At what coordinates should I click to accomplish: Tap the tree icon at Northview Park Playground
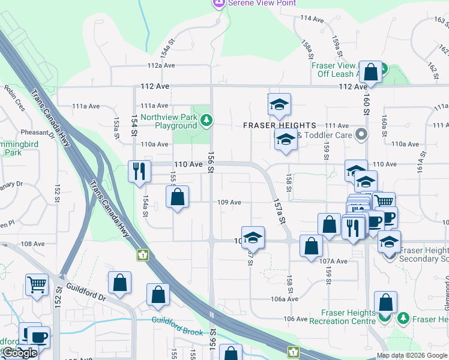206,121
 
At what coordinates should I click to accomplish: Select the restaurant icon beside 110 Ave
138,171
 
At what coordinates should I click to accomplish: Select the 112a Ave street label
160,66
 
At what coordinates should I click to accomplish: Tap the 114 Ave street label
312,19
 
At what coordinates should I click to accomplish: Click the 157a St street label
278,212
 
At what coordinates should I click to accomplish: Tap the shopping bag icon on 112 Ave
372,73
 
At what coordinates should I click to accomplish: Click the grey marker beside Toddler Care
361,135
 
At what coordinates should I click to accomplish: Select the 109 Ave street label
229,203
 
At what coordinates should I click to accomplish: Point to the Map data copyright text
412,355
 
